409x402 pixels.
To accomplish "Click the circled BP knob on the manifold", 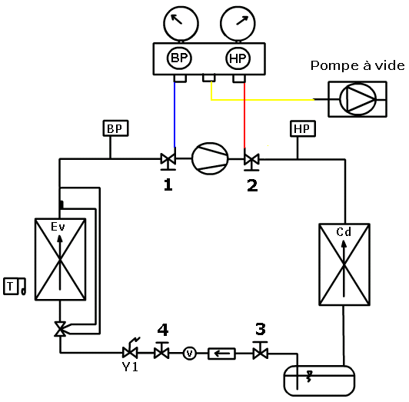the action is (x=179, y=58).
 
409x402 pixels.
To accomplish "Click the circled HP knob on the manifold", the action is (x=238, y=58).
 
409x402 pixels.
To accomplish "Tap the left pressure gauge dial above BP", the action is (x=181, y=24).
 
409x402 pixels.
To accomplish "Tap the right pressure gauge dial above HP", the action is (x=238, y=24).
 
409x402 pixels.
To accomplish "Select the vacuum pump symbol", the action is (x=357, y=99).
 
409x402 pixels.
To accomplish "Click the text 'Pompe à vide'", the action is (x=357, y=65).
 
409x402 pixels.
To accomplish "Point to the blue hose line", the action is (x=175, y=115).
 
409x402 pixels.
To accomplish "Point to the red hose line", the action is (x=244, y=115).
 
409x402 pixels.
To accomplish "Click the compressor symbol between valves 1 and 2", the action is (x=210, y=158).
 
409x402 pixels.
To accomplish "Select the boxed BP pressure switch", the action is (x=116, y=128).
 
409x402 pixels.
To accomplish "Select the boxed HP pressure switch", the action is (x=303, y=128).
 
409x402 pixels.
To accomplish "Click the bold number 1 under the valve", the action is (x=168, y=185).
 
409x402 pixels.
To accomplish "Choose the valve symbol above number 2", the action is (x=251, y=160).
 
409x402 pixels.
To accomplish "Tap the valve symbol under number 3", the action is (x=261, y=351).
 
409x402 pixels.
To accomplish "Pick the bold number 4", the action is (x=163, y=330).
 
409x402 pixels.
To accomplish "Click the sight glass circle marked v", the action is (x=190, y=354).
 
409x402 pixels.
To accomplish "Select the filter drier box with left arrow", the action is (x=221, y=354).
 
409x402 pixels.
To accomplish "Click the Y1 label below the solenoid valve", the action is (x=130, y=367).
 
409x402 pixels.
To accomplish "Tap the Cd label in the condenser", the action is (x=344, y=231).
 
